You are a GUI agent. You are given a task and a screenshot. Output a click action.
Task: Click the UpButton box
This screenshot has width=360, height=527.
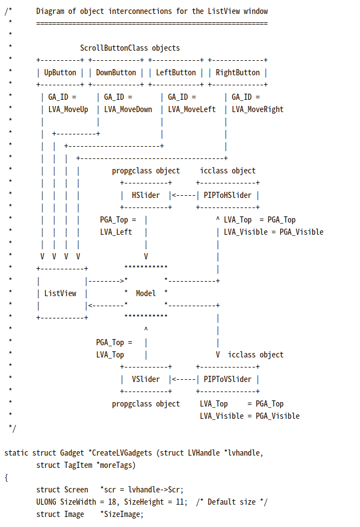pos(60,72)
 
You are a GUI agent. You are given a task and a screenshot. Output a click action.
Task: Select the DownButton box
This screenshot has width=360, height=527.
pos(116,72)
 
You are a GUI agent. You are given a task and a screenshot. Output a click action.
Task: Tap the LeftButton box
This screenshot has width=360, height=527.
pos(176,72)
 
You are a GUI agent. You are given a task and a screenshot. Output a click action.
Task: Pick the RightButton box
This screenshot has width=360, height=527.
pos(238,72)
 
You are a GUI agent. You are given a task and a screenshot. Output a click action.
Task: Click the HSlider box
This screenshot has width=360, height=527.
pos(146,195)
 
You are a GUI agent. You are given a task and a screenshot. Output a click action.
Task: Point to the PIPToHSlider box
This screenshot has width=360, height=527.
pos(227,195)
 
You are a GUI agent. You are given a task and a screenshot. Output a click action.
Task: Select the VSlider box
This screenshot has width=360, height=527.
pos(146,379)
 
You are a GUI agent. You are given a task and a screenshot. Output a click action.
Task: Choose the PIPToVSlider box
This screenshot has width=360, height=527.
pos(227,379)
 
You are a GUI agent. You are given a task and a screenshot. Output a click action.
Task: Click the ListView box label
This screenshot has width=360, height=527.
pos(60,293)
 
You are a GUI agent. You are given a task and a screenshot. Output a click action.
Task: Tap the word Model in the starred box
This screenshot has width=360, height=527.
pos(146,293)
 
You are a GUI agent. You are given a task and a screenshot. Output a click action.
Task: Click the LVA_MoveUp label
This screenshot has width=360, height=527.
pos(68,109)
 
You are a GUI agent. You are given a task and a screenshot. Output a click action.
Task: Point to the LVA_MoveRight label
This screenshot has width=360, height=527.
pos(258,109)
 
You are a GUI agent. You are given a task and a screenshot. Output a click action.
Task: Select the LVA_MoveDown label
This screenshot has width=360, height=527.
pos(128,109)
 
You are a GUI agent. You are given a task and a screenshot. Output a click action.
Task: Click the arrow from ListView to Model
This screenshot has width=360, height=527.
pos(106,281)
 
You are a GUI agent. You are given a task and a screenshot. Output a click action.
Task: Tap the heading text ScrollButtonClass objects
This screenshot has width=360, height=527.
pos(130,48)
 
